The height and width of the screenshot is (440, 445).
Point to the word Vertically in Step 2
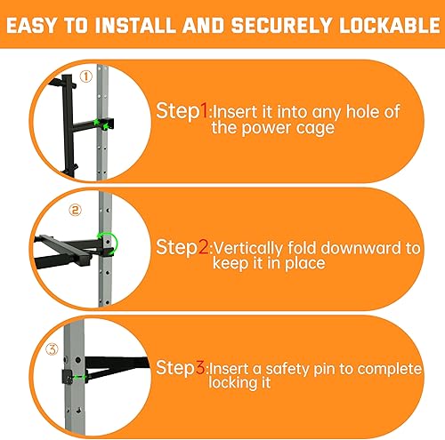[250, 246]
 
